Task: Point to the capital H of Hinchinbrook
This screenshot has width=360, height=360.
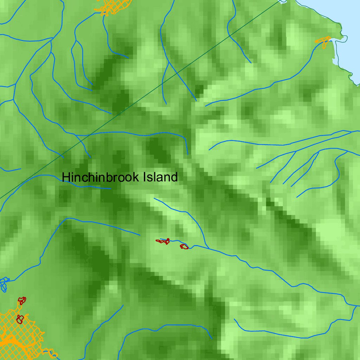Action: [65, 177]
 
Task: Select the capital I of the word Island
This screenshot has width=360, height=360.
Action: [145, 177]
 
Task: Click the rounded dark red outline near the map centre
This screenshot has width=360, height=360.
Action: [184, 246]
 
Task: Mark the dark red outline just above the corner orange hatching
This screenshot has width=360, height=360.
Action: [22, 301]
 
